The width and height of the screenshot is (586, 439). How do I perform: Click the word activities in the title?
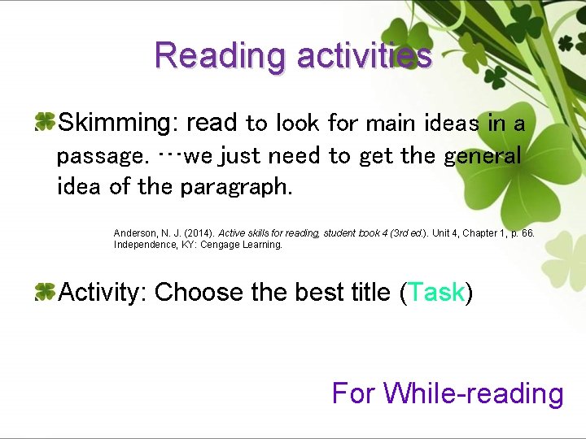(x=364, y=55)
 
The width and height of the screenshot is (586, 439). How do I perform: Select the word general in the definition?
(x=482, y=155)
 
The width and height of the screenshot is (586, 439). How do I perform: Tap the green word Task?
(x=436, y=292)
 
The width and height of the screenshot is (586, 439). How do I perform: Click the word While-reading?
(x=474, y=393)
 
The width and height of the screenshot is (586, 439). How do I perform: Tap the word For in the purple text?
(x=353, y=393)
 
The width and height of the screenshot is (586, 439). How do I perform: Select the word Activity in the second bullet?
(x=102, y=292)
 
